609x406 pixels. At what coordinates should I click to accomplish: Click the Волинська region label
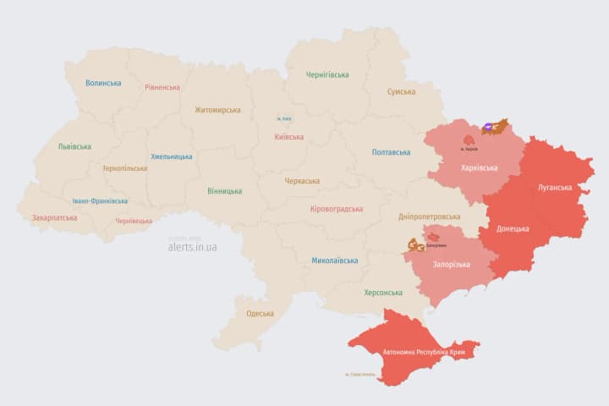(x=103, y=83)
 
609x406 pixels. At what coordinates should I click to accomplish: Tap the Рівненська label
(x=162, y=87)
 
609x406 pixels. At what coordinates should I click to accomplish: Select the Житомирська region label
(x=217, y=110)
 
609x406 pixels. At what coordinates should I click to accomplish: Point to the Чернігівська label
(x=327, y=74)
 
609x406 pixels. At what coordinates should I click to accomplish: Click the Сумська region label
(x=401, y=91)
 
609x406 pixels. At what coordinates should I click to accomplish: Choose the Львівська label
(x=74, y=146)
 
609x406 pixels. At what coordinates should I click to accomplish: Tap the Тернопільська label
(x=124, y=168)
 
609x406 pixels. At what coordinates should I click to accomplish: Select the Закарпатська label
(x=54, y=217)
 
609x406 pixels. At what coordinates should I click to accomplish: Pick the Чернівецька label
(x=134, y=221)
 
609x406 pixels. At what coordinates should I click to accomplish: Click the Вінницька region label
(x=224, y=190)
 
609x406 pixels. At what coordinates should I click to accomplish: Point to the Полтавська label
(x=391, y=152)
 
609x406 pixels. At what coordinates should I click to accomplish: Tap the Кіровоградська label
(x=337, y=209)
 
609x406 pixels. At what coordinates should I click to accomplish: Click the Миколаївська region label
(x=334, y=261)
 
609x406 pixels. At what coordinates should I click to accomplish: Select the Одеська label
(x=260, y=314)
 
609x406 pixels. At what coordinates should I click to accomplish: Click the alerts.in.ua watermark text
(x=192, y=247)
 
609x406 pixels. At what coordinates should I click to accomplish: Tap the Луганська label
(x=555, y=187)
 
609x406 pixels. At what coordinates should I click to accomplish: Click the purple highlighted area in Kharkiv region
(x=490, y=128)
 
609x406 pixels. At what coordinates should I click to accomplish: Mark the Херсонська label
(x=383, y=293)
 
